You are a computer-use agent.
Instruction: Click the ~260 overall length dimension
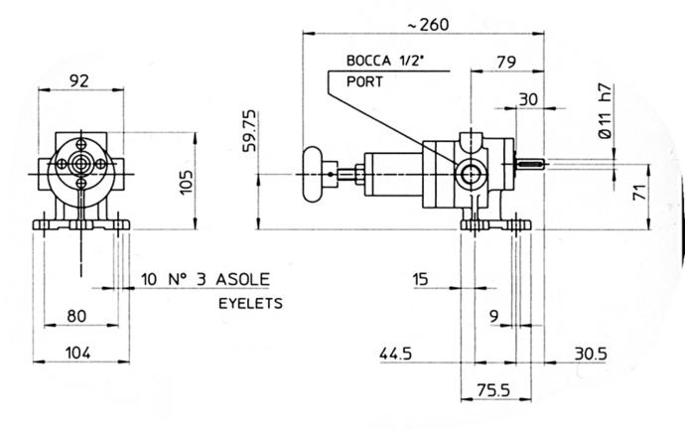428,25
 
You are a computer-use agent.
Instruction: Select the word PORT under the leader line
364,81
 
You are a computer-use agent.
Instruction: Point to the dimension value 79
506,63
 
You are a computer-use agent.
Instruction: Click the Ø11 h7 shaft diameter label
605,111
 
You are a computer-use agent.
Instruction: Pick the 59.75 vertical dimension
249,131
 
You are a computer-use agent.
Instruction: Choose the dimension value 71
639,192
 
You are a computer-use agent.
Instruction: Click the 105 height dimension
186,182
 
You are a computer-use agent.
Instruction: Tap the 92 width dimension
79,80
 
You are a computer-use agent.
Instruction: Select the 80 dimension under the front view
76,316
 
